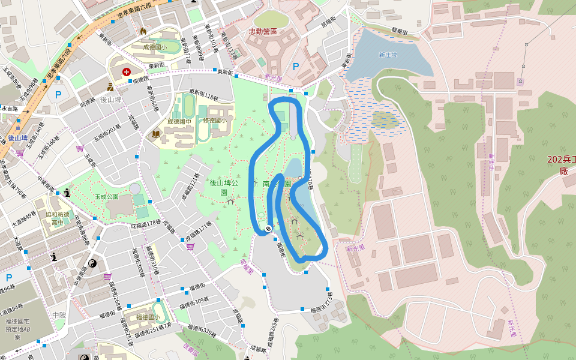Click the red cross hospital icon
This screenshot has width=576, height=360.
click(127, 72)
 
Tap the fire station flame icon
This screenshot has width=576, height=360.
click(143, 31)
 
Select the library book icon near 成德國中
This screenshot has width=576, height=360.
click(156, 134)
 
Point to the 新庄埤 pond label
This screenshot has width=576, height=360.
click(388, 55)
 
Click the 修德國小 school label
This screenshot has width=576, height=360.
click(214, 120)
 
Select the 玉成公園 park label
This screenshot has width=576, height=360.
click(106, 196)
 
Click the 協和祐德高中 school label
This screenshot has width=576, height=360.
click(58, 218)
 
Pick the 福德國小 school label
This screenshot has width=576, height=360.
click(148, 317)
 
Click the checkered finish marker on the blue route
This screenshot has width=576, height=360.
click(268, 229)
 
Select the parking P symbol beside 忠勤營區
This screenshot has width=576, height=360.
click(295, 67)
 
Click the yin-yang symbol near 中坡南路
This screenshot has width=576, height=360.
click(92, 263)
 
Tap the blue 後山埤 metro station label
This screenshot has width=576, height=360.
click(17, 138)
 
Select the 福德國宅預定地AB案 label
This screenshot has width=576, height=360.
click(18, 329)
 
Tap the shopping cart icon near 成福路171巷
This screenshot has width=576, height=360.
click(190, 246)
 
